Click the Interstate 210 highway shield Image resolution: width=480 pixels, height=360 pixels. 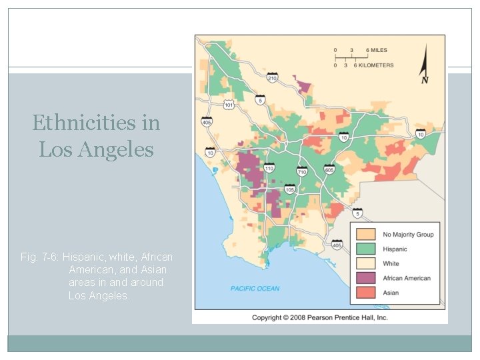(273, 77)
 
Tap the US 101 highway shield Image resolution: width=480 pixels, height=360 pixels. (229, 105)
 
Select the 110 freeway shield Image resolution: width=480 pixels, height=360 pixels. (269, 169)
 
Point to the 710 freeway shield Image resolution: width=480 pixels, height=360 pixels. (301, 171)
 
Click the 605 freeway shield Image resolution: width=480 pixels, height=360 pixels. (329, 169)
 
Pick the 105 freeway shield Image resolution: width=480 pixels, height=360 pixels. (290, 189)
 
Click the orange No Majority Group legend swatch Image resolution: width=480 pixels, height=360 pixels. (366, 235)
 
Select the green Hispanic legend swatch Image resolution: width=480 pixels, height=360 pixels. (366, 249)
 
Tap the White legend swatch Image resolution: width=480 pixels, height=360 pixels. (366, 263)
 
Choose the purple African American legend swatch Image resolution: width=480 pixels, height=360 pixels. (366, 278)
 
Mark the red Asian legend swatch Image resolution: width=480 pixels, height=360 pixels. (366, 293)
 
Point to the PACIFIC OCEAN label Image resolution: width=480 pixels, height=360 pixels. (255, 289)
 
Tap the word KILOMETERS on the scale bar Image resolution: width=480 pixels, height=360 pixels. (376, 65)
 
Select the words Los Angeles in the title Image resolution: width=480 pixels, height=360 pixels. (96, 149)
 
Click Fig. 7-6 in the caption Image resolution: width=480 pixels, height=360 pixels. (39, 257)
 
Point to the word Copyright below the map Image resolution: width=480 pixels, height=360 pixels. (269, 317)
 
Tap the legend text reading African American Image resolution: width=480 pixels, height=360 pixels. (407, 278)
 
